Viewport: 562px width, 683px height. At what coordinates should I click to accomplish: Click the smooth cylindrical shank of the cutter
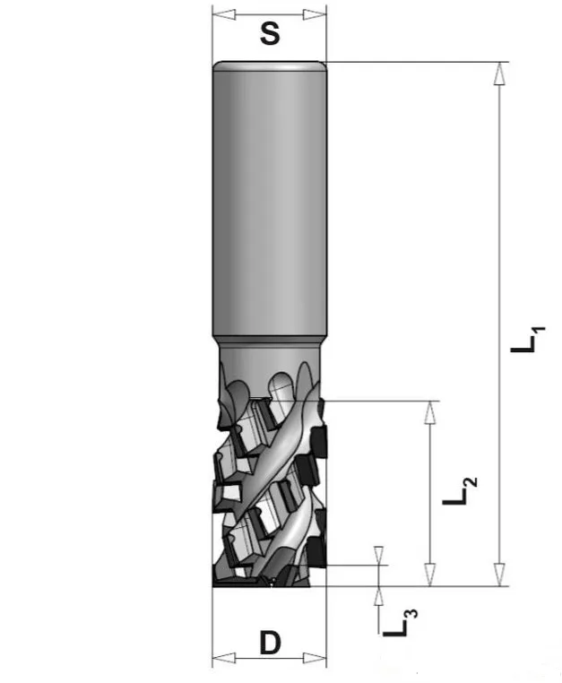(269, 197)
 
